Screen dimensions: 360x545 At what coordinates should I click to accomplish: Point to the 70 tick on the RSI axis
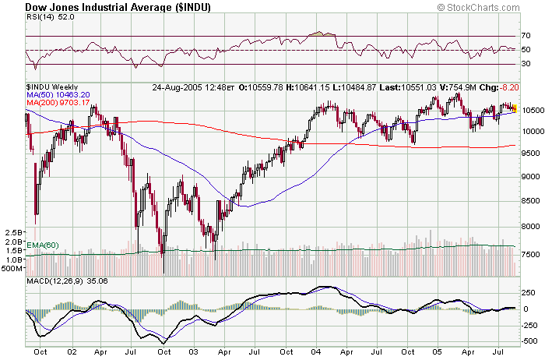(x=526, y=36)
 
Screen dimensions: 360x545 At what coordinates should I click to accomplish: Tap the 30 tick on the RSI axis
(x=526, y=64)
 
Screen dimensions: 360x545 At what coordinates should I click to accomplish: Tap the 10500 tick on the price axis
(x=532, y=111)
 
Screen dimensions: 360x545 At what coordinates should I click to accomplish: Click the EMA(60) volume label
(x=44, y=245)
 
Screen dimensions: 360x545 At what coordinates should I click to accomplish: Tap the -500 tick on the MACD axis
(x=529, y=341)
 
